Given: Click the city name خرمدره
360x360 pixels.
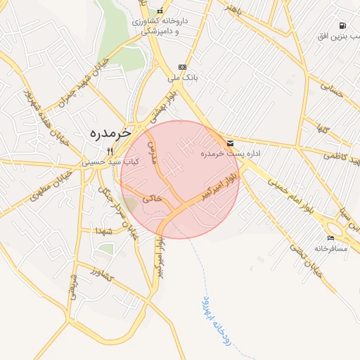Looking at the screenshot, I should tap(111, 132).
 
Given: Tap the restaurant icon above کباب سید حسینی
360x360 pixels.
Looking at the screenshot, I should tap(110, 150).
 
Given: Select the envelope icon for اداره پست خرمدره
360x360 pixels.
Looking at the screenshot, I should tap(231, 143).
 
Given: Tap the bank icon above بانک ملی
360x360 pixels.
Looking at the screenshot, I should tap(183, 67).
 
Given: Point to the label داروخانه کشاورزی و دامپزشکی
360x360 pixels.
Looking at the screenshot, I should tap(161, 27).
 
